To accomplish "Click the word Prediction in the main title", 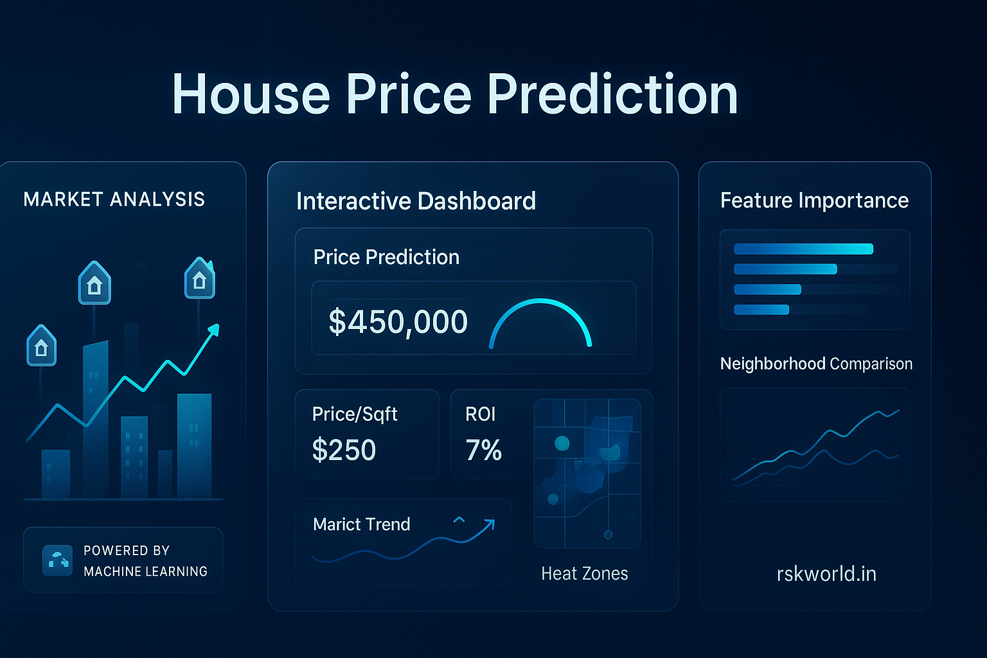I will [x=612, y=94].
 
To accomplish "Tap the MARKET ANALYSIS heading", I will [x=114, y=199].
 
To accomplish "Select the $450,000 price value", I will [x=398, y=321].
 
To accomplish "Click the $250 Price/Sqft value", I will [x=344, y=450].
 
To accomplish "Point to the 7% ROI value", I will [x=483, y=450].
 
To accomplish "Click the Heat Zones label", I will [x=584, y=573].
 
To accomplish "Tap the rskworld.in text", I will [x=826, y=573].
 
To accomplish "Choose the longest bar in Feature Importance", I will [x=803, y=249].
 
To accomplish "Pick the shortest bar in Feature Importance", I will [x=761, y=310].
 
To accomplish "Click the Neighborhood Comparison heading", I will [x=816, y=364].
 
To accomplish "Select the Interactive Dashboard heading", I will [x=416, y=201].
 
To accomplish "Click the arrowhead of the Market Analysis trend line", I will [x=214, y=330].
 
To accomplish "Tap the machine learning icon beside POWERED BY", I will [x=57, y=560].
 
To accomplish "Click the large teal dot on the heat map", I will [x=562, y=443].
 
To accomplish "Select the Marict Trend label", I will [x=361, y=524].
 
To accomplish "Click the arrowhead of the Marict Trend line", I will [x=490, y=524].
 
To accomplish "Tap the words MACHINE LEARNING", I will [x=145, y=571].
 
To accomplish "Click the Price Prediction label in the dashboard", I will [x=386, y=257].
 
